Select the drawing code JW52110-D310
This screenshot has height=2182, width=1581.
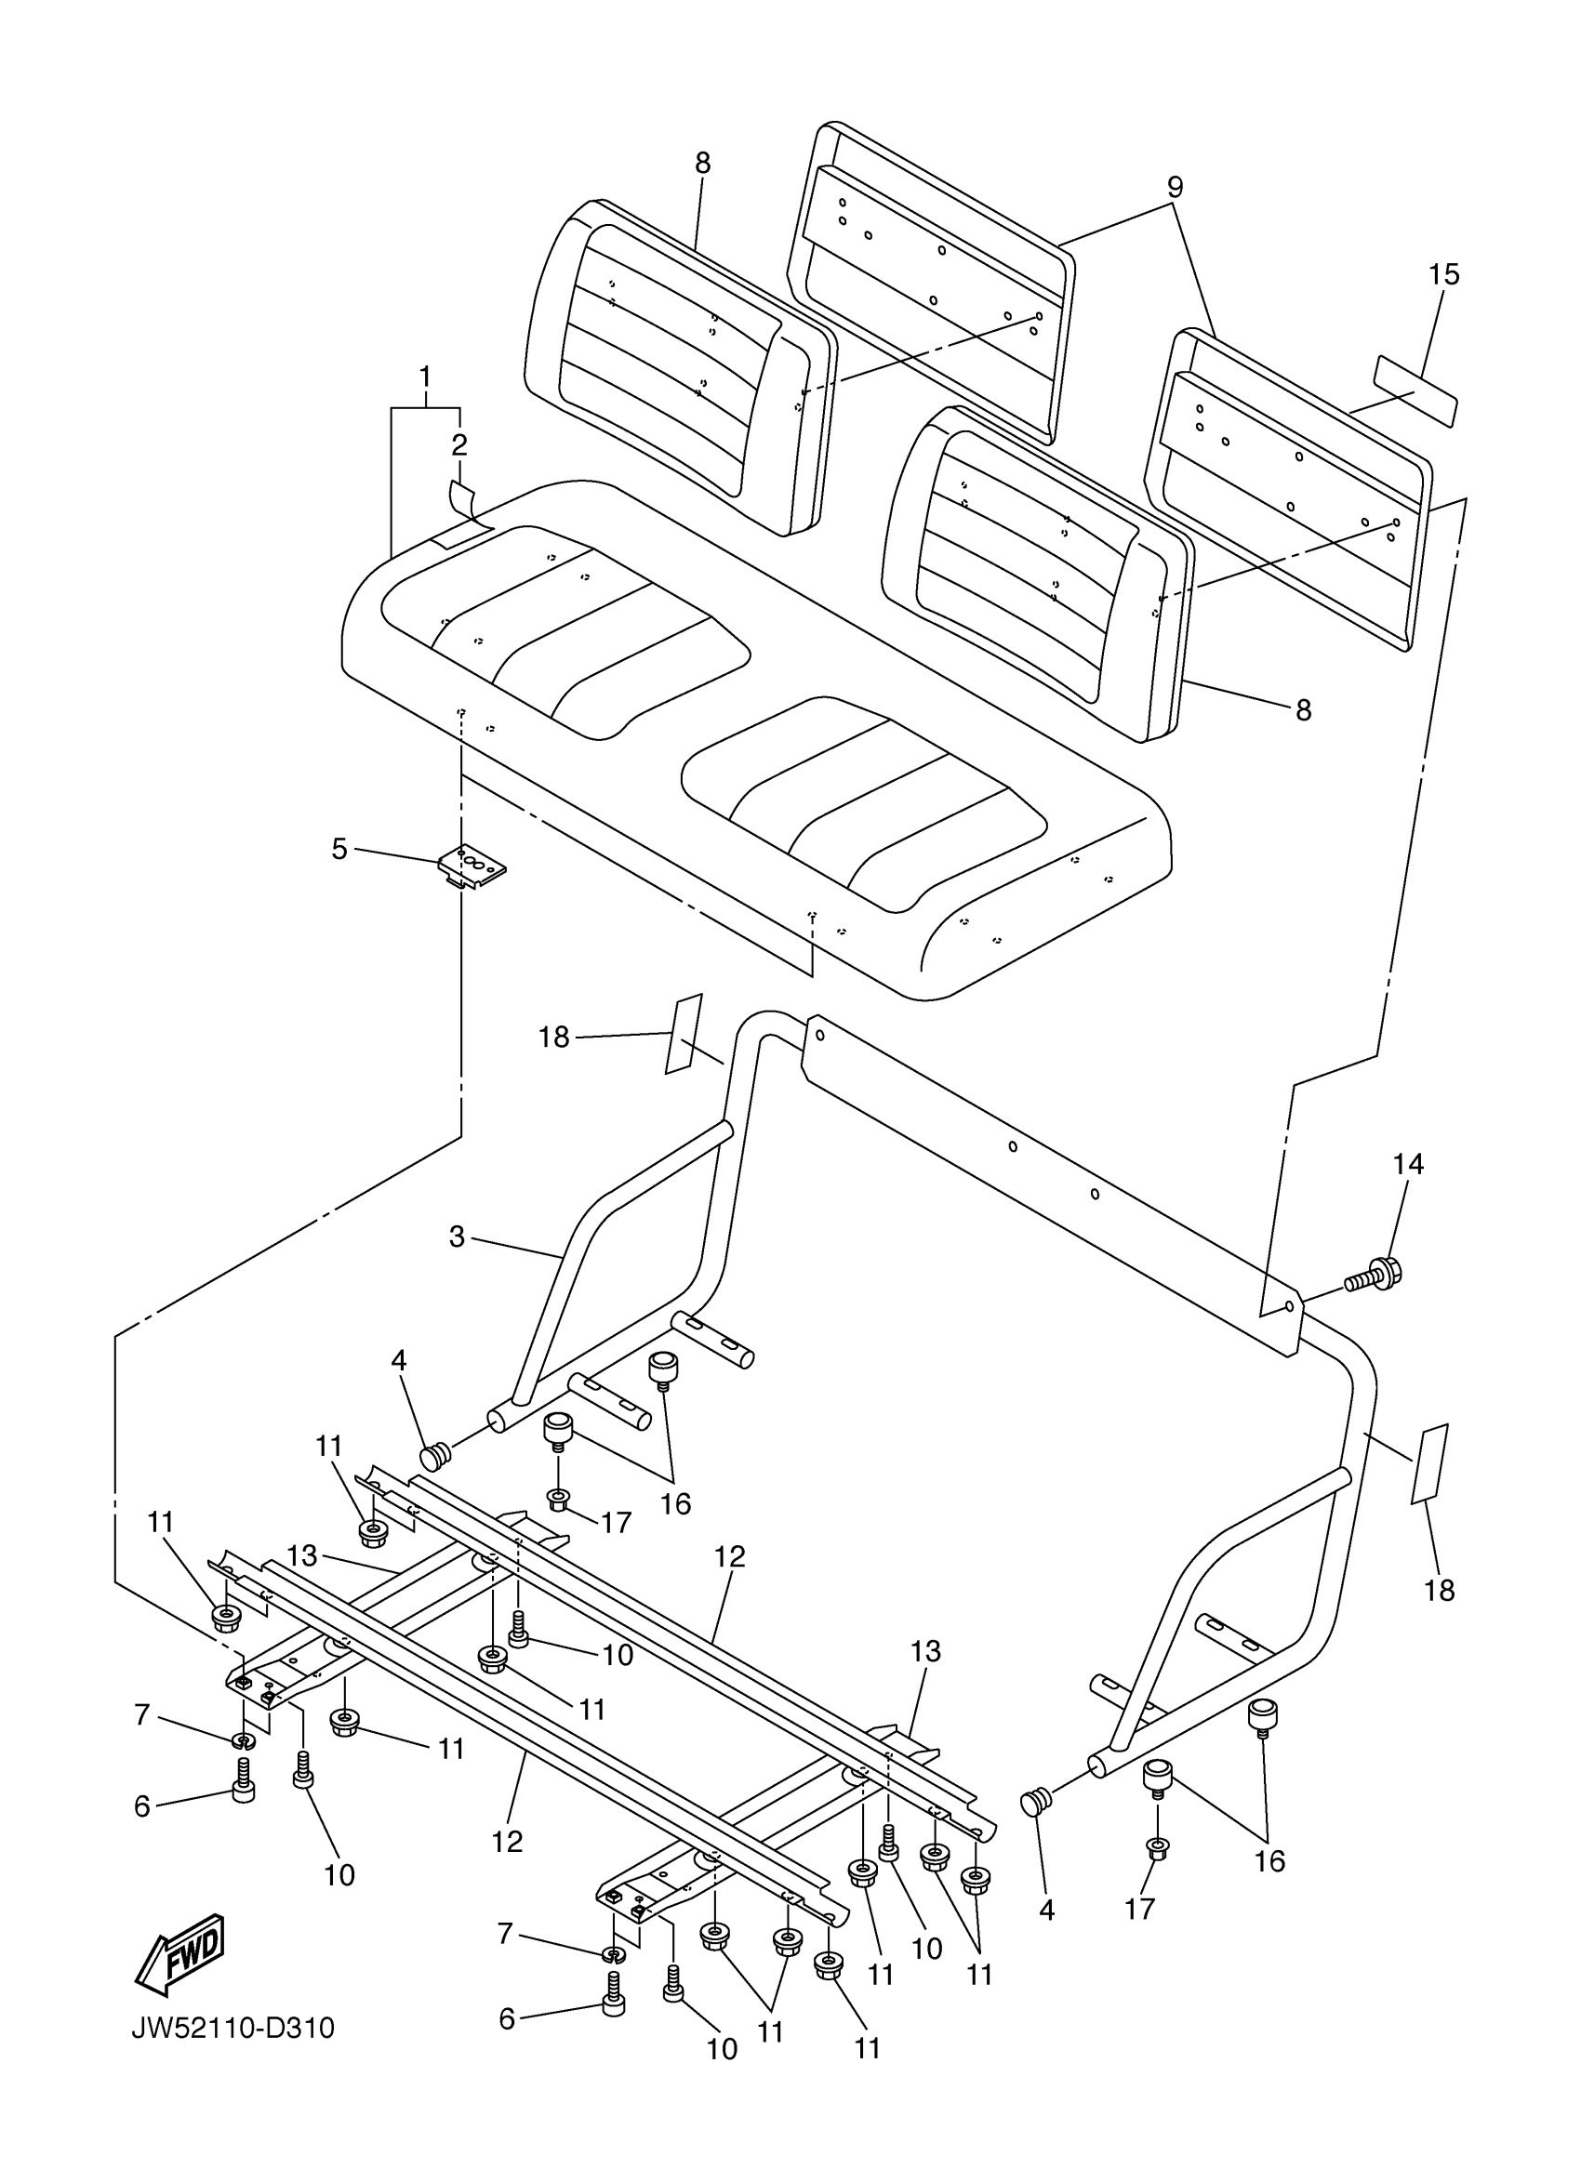(232, 2029)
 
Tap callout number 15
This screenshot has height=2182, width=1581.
(1443, 275)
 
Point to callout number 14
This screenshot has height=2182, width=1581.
(1408, 1164)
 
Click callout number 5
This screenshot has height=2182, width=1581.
(339, 849)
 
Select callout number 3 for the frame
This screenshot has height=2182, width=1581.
(456, 1236)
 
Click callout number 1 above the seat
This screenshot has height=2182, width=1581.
(424, 377)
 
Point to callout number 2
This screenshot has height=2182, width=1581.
(459, 444)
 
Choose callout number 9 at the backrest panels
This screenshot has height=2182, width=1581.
(1174, 187)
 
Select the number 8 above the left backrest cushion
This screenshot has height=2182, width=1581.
(702, 164)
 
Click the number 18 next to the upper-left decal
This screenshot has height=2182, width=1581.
(554, 1038)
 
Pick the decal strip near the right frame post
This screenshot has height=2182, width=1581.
(1429, 1463)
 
